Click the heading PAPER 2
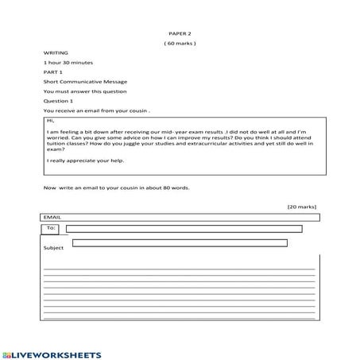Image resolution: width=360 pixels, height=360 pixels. pyautogui.click(x=180, y=33)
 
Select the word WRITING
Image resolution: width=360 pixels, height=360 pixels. pyautogui.click(x=56, y=52)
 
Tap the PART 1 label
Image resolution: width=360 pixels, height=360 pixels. pyautogui.click(x=53, y=72)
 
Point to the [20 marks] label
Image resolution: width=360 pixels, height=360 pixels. pyautogui.click(x=302, y=206)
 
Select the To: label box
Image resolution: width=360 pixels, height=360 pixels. pyautogui.click(x=51, y=229)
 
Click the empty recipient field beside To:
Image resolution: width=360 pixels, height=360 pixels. pyautogui.click(x=184, y=229)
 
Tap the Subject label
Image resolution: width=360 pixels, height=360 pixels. pyautogui.click(x=54, y=248)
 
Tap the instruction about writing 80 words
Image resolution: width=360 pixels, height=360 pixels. pyautogui.click(x=117, y=188)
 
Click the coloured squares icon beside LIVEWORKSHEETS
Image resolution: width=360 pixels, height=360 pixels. pyautogui.click(x=7, y=353)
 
